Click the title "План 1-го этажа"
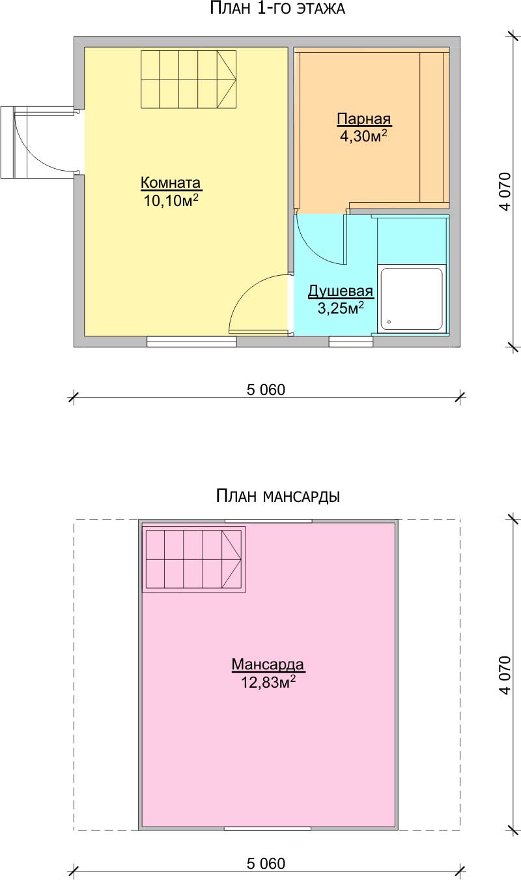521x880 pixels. (277, 8)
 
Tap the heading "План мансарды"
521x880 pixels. (278, 496)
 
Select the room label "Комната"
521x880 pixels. (171, 183)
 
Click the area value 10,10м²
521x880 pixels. (171, 200)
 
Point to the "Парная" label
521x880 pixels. (364, 119)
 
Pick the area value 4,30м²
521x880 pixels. (364, 136)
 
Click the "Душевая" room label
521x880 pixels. (341, 291)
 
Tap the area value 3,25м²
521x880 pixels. (341, 308)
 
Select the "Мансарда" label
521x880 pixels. (268, 664)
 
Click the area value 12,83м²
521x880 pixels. (268, 682)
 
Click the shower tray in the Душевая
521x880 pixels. (412, 299)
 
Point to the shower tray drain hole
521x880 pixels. (389, 322)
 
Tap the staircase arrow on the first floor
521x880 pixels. (227, 79)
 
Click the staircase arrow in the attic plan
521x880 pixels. (231, 559)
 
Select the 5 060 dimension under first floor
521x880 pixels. (266, 390)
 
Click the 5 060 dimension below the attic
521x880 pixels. (266, 864)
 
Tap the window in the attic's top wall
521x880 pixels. (268, 521)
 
